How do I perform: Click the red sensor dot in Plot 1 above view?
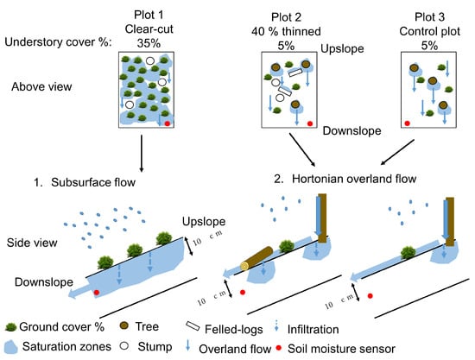point(168,123)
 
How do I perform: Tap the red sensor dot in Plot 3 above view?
point(408,123)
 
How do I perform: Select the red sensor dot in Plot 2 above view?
point(309,123)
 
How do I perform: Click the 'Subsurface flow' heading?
point(93,182)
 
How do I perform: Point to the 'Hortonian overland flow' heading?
point(354,179)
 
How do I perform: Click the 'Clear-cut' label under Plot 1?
point(149,29)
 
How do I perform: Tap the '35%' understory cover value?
point(149,43)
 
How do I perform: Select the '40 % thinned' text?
point(286,31)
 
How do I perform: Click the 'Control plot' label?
point(429,31)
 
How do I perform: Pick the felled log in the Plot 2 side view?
point(257,258)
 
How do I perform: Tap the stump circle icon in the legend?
point(123,346)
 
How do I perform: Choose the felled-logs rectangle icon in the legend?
point(193,325)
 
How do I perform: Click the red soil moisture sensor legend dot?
point(279,348)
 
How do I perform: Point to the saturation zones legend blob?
point(11,347)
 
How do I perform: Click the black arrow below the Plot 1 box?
point(141,154)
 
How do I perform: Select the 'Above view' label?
point(41,87)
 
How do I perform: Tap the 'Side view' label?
point(32,243)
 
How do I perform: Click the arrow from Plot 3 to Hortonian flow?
point(397,152)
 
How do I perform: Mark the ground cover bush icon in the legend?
point(10,327)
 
